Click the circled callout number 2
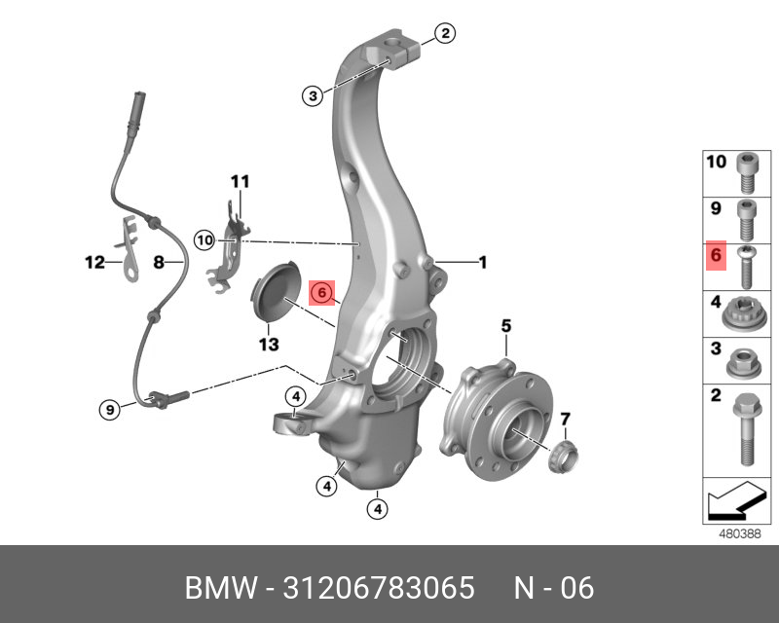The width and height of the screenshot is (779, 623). pyautogui.click(x=444, y=35)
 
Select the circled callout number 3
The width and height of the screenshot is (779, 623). pyautogui.click(x=312, y=95)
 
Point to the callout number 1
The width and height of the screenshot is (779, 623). pyautogui.click(x=481, y=261)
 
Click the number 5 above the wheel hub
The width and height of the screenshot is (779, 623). pyautogui.click(x=506, y=325)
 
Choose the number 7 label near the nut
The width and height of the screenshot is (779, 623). pyautogui.click(x=565, y=420)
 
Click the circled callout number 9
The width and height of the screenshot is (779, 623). pyautogui.click(x=112, y=410)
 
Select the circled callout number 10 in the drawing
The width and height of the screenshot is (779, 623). pyautogui.click(x=204, y=239)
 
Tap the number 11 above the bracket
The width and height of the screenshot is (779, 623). pyautogui.click(x=240, y=181)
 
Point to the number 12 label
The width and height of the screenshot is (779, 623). pyautogui.click(x=93, y=262)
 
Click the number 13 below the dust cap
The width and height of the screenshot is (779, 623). pyautogui.click(x=268, y=345)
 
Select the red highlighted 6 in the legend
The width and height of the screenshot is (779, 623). pyautogui.click(x=716, y=256)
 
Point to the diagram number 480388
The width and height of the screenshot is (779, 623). pyautogui.click(x=739, y=533)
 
